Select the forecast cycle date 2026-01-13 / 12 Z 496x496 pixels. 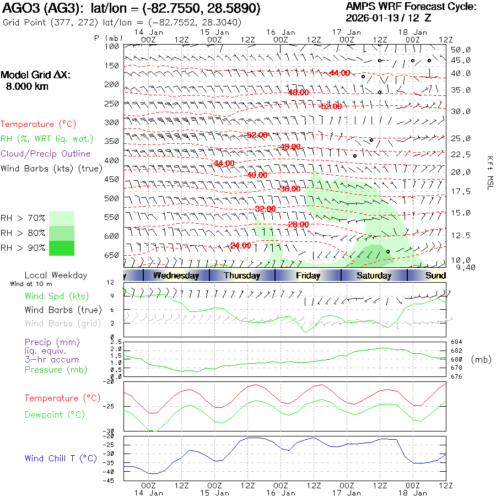click(x=389, y=18)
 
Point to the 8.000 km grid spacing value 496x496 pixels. click(x=27, y=87)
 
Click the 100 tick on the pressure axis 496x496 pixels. click(x=112, y=47)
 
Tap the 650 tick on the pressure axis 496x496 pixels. click(x=112, y=255)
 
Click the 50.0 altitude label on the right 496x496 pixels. click(x=460, y=50)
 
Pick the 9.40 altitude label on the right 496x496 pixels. click(x=460, y=267)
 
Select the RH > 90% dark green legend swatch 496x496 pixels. click(x=62, y=248)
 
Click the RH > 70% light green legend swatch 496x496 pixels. click(x=62, y=218)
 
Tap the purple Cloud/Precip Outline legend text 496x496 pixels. click(x=45, y=154)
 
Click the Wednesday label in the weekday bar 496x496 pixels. click(x=176, y=276)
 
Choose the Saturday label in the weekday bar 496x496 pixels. click(x=374, y=276)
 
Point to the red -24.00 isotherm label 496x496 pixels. click(x=240, y=246)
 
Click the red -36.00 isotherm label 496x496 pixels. click(x=290, y=188)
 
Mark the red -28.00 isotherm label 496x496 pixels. click(x=298, y=224)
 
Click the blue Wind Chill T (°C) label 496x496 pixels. click(x=61, y=458)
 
